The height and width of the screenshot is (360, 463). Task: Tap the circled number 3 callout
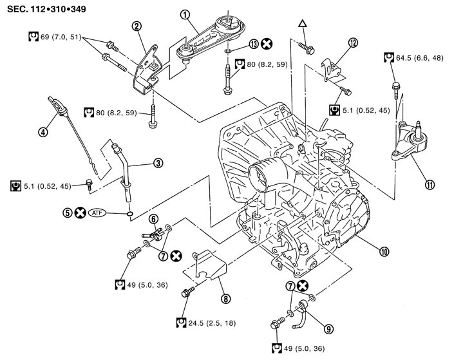pos(158,163)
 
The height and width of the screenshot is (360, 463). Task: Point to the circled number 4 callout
pos(43,133)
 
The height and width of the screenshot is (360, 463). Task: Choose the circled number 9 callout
pos(328,328)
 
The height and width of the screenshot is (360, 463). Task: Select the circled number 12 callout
pos(352,43)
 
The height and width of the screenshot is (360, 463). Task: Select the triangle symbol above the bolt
pos(301,24)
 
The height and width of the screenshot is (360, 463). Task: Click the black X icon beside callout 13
pos(265,44)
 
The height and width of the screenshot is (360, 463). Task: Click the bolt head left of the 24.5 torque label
pos(188,293)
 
